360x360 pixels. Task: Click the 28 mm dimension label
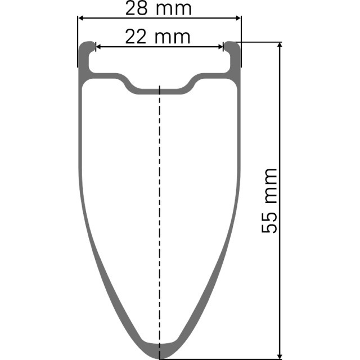pyautogui.click(x=159, y=8)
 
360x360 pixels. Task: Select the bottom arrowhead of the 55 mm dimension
pyautogui.click(x=280, y=354)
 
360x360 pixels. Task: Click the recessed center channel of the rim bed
pyautogui.click(x=160, y=89)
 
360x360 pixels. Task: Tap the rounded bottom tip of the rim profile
pyautogui.click(x=160, y=348)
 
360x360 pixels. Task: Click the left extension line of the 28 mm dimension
pyautogui.click(x=78, y=34)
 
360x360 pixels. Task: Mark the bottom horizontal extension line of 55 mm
pyautogui.click(x=225, y=358)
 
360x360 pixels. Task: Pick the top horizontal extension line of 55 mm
pyautogui.click(x=259, y=42)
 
